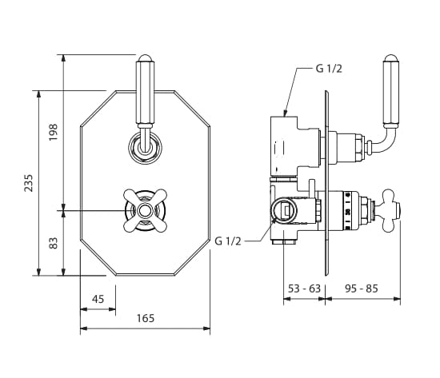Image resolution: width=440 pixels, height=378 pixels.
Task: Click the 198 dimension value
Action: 53,132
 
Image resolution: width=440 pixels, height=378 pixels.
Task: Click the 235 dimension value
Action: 28,183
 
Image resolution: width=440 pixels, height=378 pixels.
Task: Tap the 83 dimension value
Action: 53,243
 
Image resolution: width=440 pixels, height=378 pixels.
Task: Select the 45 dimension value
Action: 98,299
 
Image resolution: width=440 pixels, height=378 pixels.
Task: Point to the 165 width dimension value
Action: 146,318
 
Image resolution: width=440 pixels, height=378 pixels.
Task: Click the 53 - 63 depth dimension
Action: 304,288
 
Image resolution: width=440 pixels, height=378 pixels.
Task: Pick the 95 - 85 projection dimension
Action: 362,288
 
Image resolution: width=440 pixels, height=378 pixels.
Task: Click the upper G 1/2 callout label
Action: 329,69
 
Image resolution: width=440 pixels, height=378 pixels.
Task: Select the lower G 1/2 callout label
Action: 227,241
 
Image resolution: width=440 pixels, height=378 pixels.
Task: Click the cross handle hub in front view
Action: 145,211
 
